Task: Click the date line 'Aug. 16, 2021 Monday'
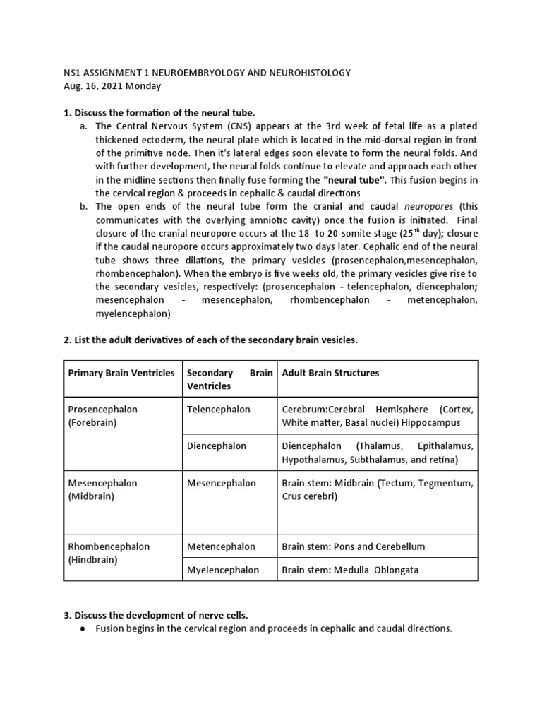[x=112, y=86]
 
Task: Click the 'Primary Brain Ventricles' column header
[x=121, y=373]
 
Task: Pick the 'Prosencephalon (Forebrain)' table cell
[x=103, y=416]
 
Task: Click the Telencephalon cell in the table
[x=218, y=410]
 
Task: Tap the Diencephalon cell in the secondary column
[x=217, y=446]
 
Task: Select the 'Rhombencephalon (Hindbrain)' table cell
[x=109, y=553]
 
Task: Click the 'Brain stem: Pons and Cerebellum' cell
[x=354, y=546]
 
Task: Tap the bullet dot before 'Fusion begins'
[x=83, y=628]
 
